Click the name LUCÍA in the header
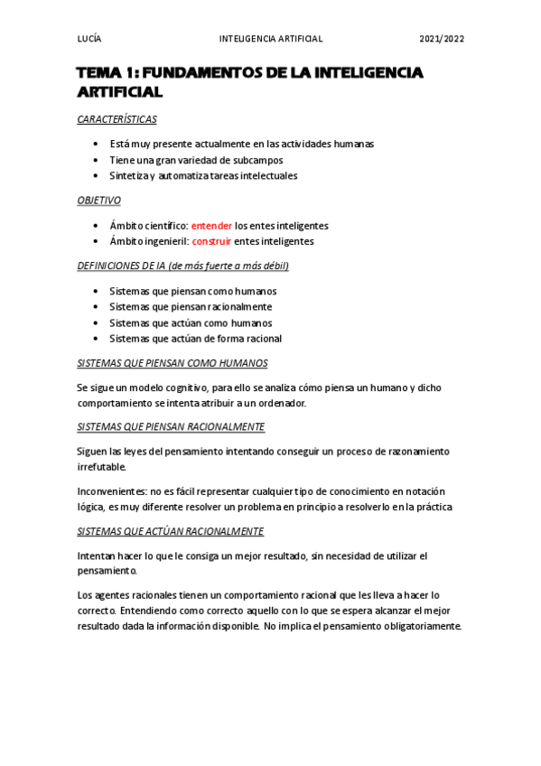(x=89, y=40)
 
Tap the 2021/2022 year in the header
(x=442, y=40)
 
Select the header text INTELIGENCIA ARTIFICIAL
(x=271, y=40)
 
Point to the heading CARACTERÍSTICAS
(x=117, y=119)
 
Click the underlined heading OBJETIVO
(x=99, y=201)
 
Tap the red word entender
(x=211, y=225)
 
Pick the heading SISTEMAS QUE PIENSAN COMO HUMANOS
(x=173, y=363)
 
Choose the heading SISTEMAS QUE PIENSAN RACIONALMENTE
(x=171, y=426)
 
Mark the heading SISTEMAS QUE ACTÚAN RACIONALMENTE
(x=170, y=531)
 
